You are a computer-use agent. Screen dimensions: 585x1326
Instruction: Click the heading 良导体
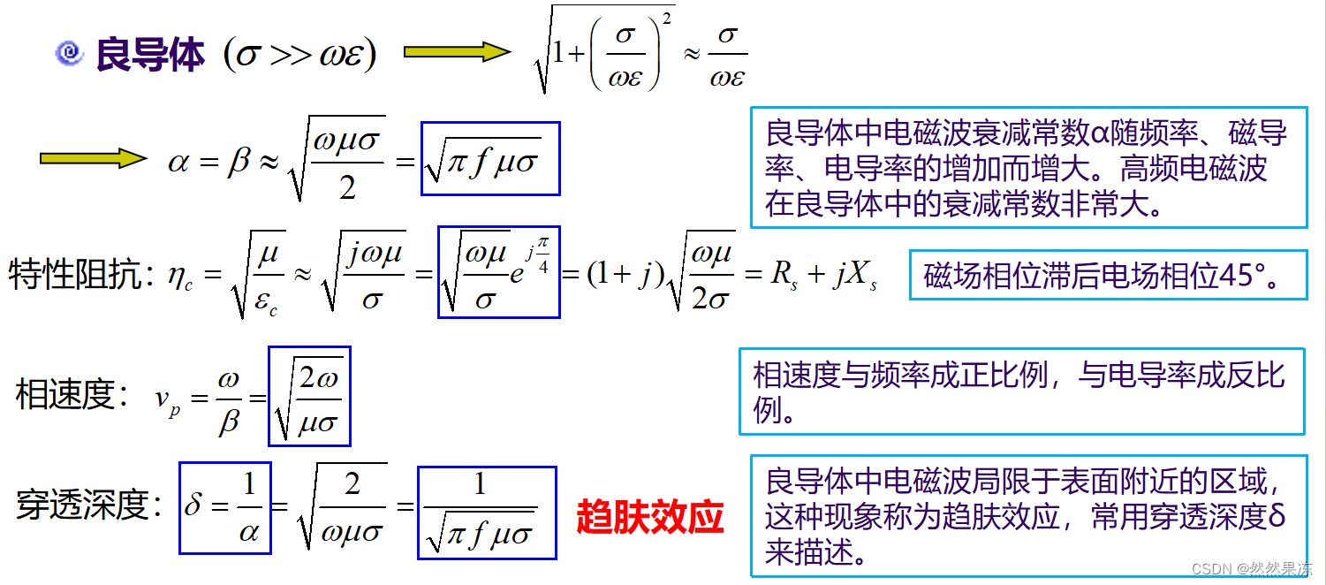coord(150,55)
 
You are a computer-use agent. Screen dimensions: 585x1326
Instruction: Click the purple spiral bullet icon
coord(68,54)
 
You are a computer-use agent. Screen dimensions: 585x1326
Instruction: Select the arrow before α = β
coord(93,159)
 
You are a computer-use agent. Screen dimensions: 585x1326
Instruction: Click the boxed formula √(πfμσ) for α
coord(490,158)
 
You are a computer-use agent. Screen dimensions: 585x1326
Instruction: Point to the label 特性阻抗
coord(76,277)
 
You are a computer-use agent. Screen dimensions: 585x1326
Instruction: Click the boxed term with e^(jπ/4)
coord(499,271)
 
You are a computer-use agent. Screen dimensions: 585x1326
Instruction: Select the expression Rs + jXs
coord(823,275)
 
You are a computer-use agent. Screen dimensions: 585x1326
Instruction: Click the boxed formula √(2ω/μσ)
coord(309,396)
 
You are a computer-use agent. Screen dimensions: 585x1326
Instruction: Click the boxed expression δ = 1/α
coord(224,507)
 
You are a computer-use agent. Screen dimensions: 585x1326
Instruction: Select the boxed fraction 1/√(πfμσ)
coord(487,513)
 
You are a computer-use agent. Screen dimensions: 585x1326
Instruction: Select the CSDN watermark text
coord(1252,569)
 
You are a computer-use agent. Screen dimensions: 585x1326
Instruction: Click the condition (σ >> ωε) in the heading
coord(300,55)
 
